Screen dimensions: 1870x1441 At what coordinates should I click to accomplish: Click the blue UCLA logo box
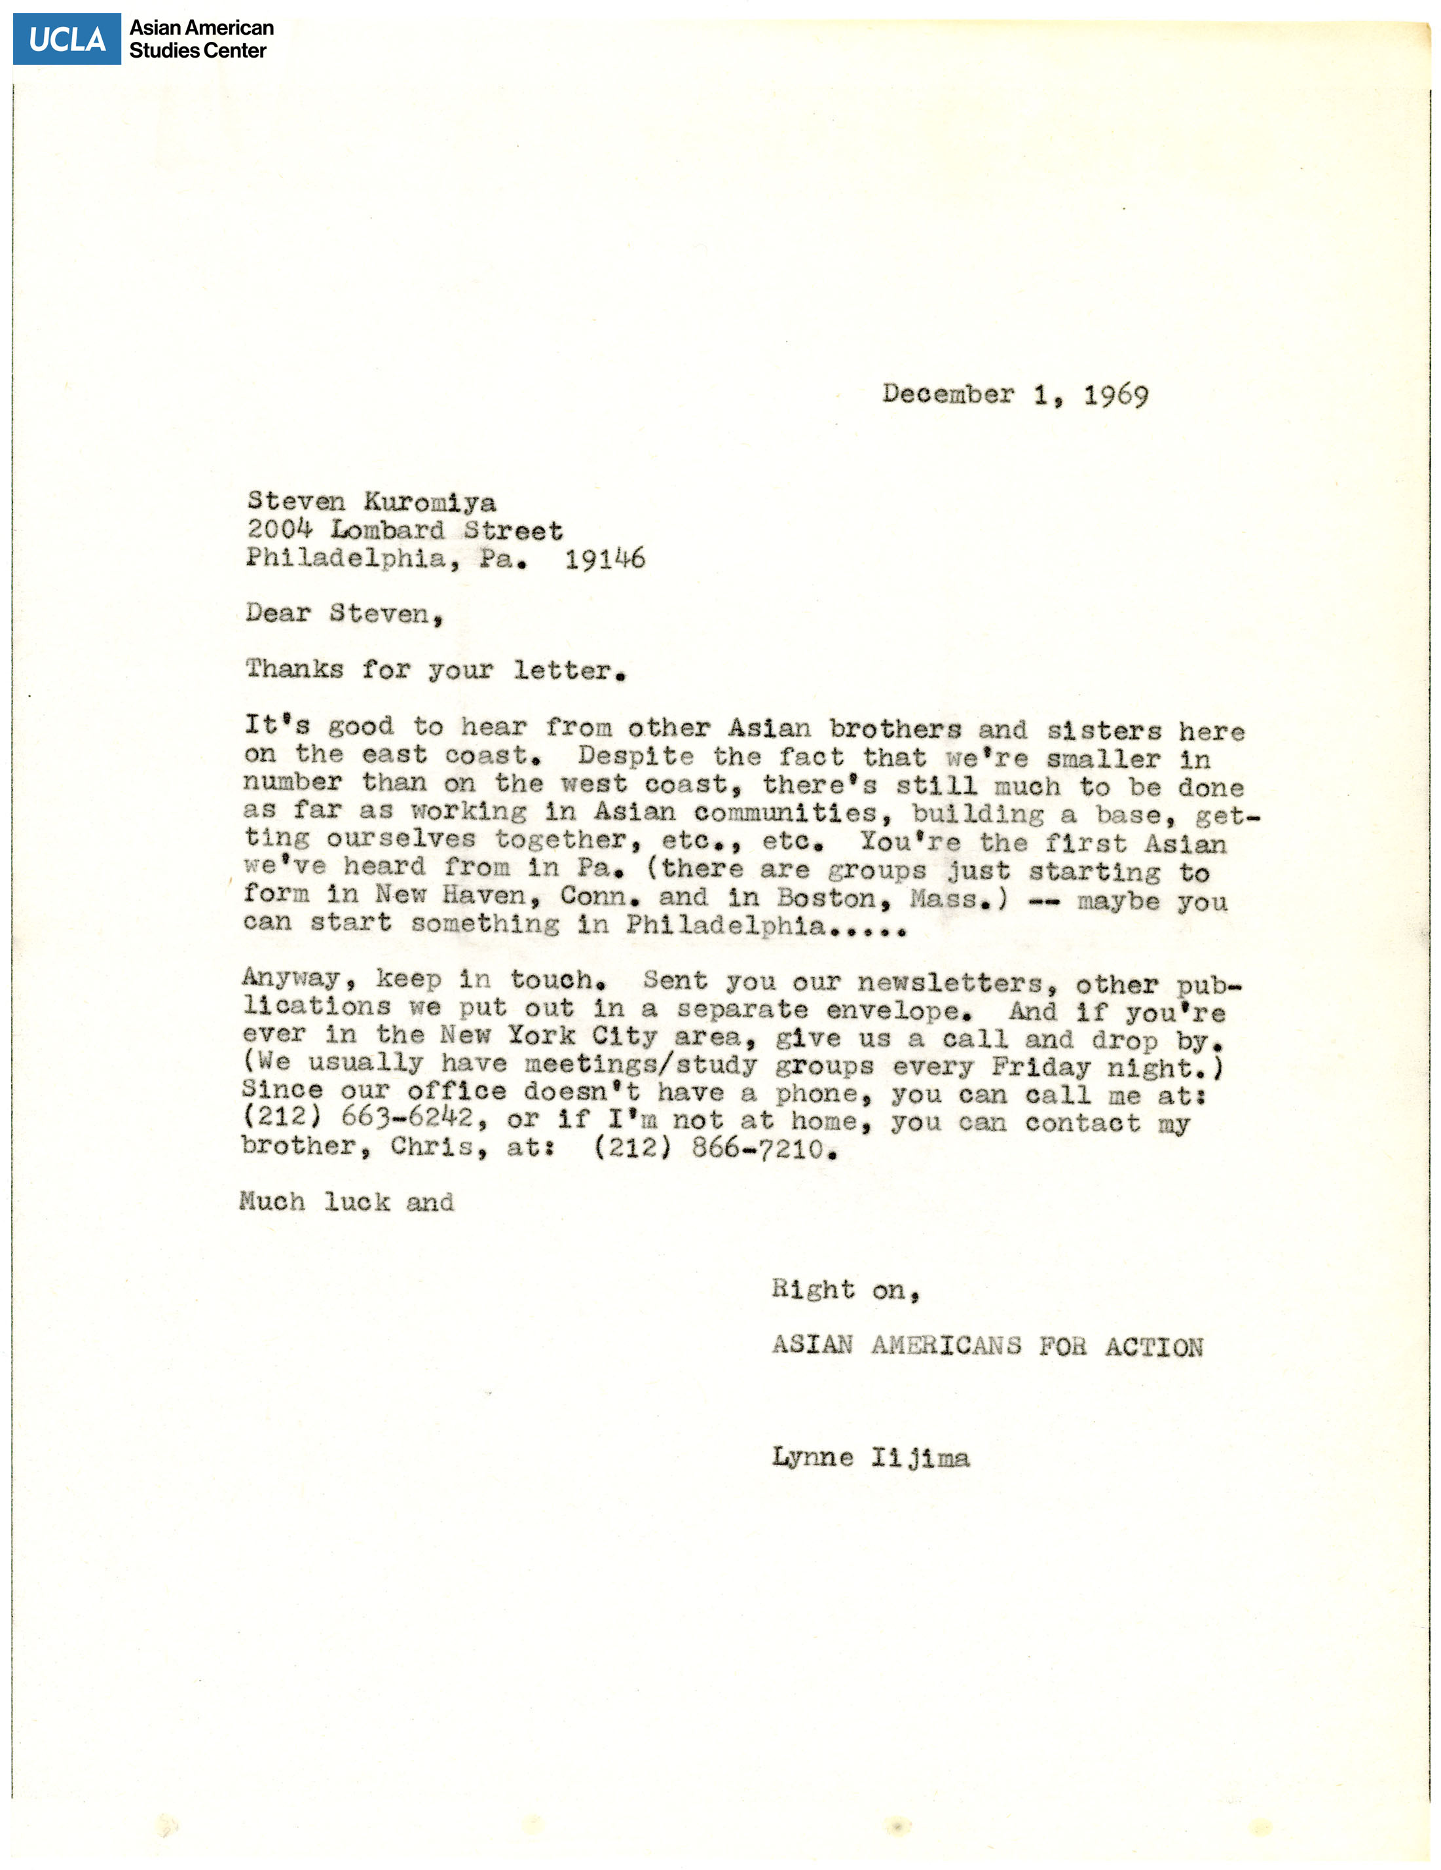click(x=67, y=39)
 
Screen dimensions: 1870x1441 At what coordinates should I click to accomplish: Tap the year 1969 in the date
click(x=1115, y=395)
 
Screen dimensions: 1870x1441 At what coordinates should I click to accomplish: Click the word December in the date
click(x=948, y=395)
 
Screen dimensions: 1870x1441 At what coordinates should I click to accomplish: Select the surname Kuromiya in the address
click(x=430, y=502)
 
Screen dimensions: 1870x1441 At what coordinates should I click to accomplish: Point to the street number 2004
click(x=279, y=529)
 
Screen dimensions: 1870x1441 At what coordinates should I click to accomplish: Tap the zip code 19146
click(x=605, y=559)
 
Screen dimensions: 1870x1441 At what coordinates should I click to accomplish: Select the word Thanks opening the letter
click(x=294, y=669)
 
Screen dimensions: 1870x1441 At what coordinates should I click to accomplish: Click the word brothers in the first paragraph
click(x=895, y=729)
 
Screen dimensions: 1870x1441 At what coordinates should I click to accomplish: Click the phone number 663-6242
click(x=407, y=1118)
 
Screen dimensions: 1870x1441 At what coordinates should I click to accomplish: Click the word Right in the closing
click(x=813, y=1289)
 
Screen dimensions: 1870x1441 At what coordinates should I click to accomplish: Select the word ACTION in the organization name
click(x=1153, y=1347)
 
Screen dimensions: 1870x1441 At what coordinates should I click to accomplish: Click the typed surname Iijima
click(x=920, y=1457)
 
